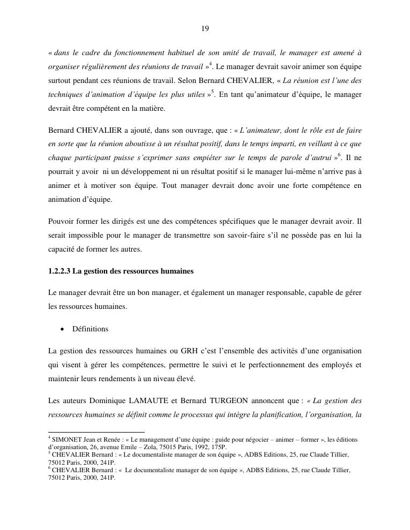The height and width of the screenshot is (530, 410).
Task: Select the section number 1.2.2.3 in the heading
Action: (59, 271)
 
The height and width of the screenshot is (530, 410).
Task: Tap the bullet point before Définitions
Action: (62, 329)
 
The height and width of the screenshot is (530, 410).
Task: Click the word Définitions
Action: (90, 329)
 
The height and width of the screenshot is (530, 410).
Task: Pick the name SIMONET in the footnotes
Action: (67, 440)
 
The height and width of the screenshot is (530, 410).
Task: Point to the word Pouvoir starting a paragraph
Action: (61, 222)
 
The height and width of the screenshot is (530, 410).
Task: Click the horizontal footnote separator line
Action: (96, 431)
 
